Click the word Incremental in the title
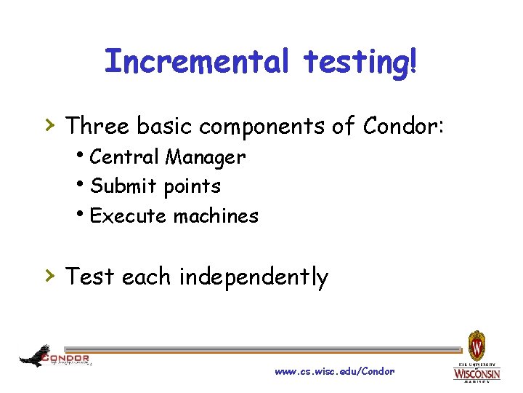click(x=195, y=61)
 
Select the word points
click(x=192, y=187)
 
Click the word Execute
click(x=127, y=216)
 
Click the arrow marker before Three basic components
click(x=50, y=124)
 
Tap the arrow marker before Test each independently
click(x=50, y=275)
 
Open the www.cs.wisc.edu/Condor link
click(x=335, y=371)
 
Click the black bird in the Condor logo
click(x=34, y=355)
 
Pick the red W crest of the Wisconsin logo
click(x=477, y=343)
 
